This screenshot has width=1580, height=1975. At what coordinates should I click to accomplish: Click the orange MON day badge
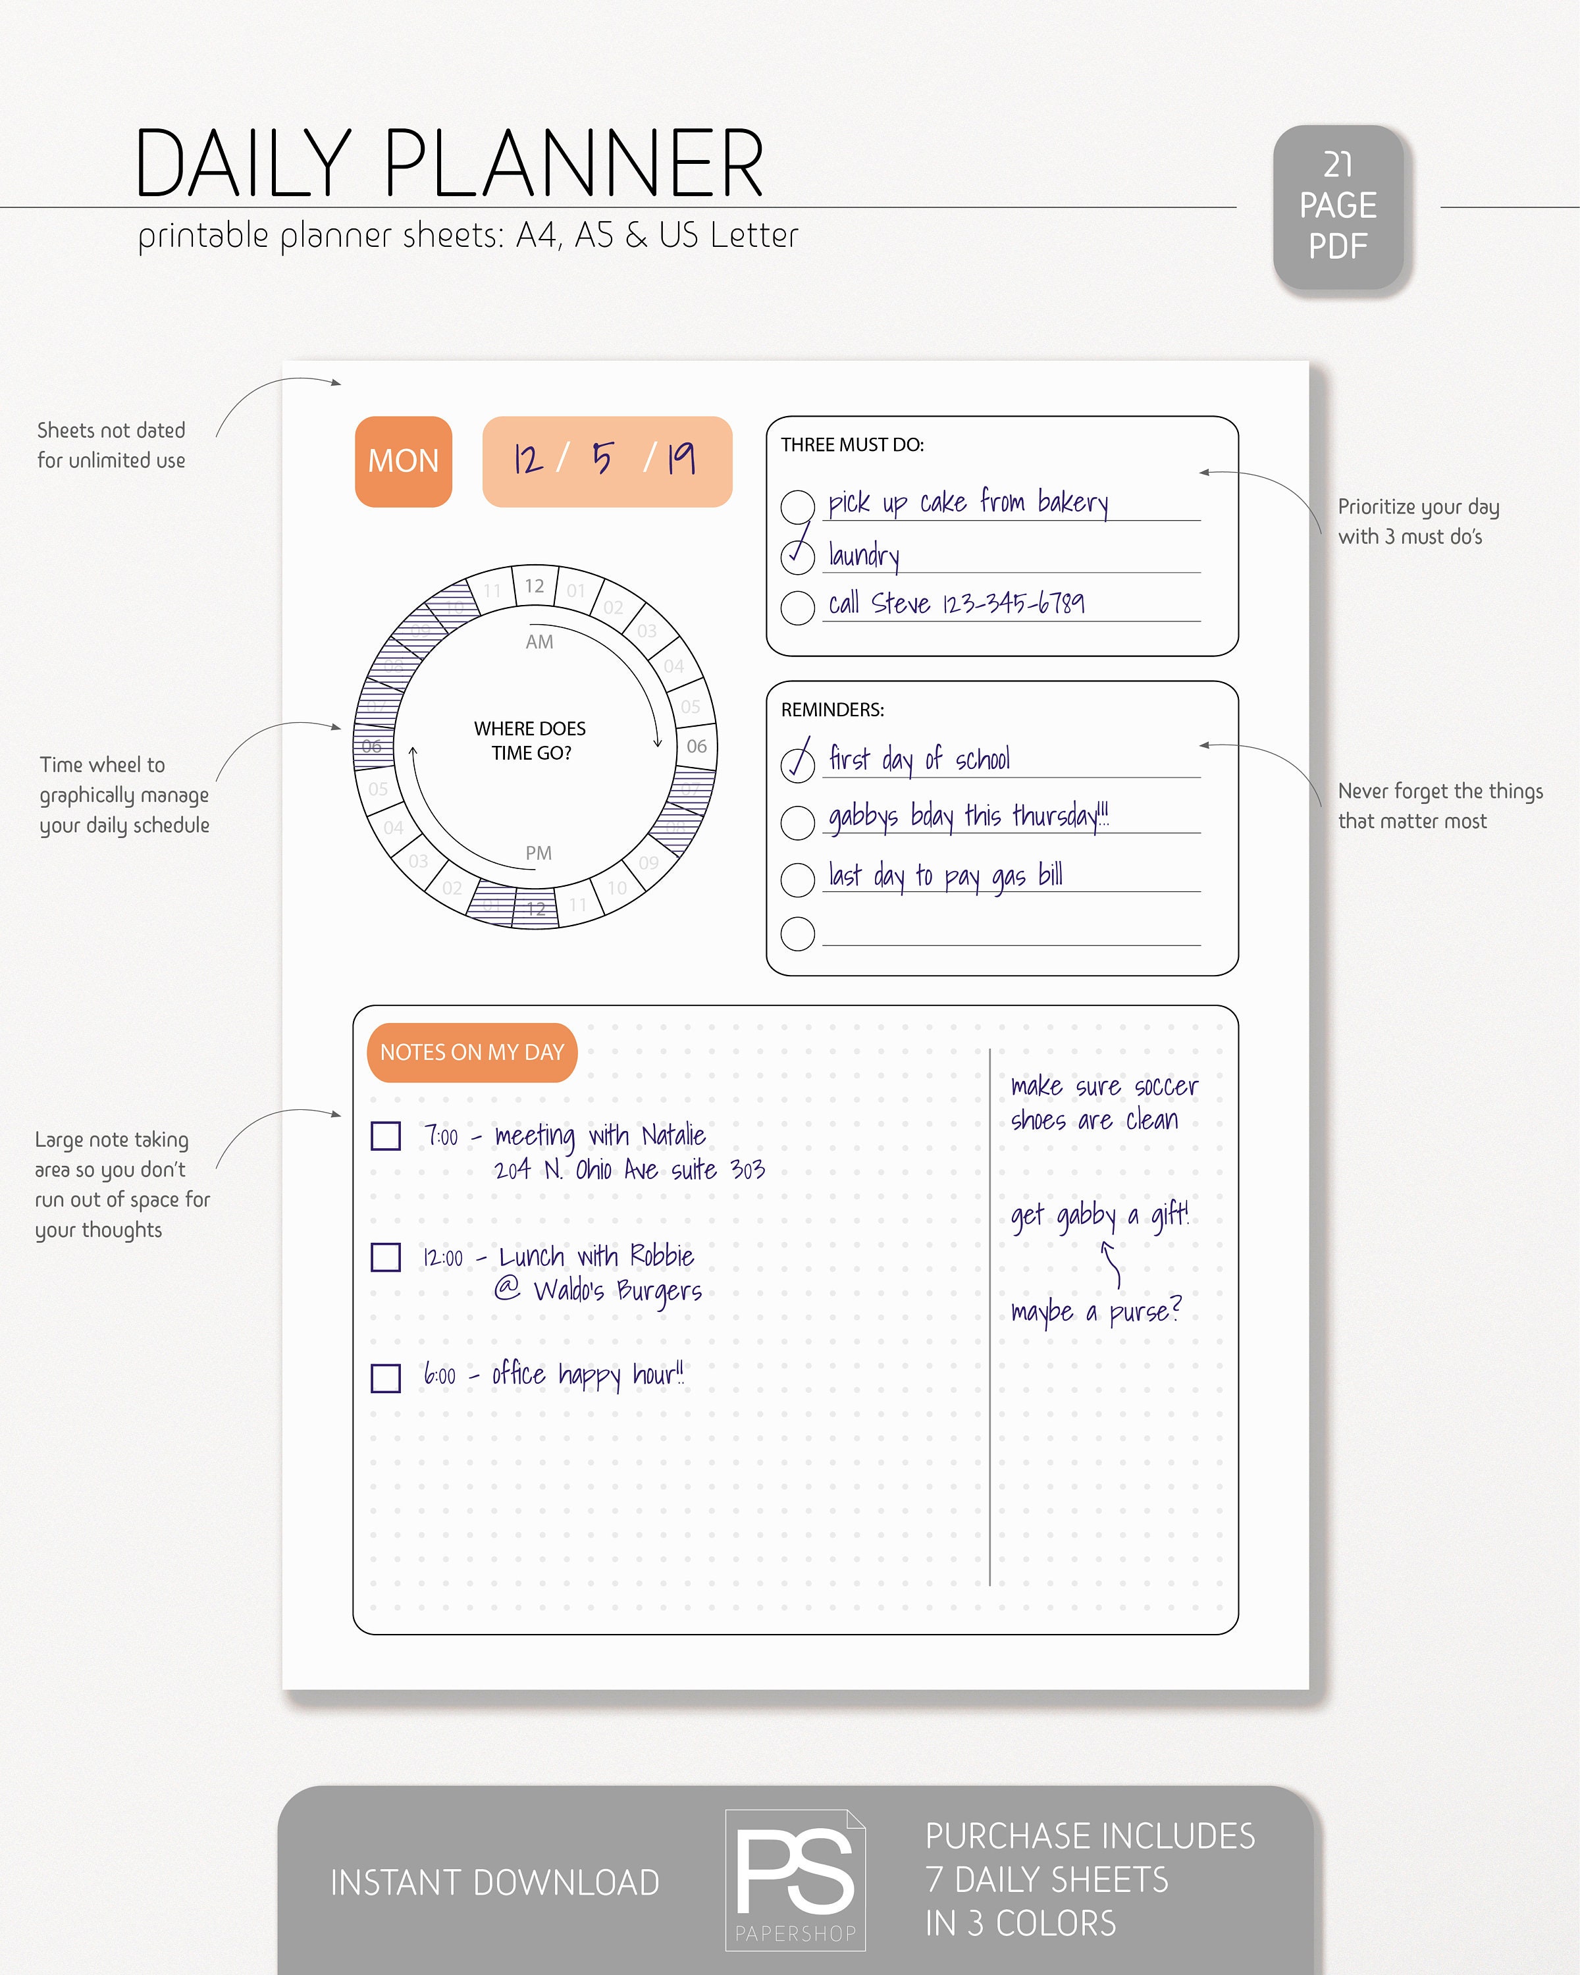click(x=403, y=461)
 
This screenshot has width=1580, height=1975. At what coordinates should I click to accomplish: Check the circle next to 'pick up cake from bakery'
click(x=797, y=506)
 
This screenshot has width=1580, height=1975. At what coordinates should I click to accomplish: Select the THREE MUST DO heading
click(x=852, y=445)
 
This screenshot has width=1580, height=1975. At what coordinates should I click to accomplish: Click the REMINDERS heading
click(x=831, y=710)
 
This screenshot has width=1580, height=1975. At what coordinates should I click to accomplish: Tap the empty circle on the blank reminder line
click(x=797, y=934)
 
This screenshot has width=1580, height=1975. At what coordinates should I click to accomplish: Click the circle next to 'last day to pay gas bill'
click(x=797, y=880)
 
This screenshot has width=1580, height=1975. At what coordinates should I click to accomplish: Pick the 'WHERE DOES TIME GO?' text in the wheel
click(x=531, y=740)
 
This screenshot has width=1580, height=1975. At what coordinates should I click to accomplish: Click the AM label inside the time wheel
click(x=539, y=642)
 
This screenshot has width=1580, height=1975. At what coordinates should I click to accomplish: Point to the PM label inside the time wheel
click(x=539, y=853)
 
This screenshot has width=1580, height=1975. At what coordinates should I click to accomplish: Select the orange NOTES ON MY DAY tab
click(x=472, y=1053)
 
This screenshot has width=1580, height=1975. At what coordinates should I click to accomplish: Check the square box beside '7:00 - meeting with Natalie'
click(x=386, y=1136)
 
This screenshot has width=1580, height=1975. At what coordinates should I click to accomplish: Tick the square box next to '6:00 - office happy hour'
click(x=386, y=1378)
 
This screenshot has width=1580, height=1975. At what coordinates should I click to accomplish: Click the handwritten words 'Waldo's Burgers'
click(x=618, y=1291)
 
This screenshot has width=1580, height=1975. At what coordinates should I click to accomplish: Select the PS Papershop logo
click(x=795, y=1880)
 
